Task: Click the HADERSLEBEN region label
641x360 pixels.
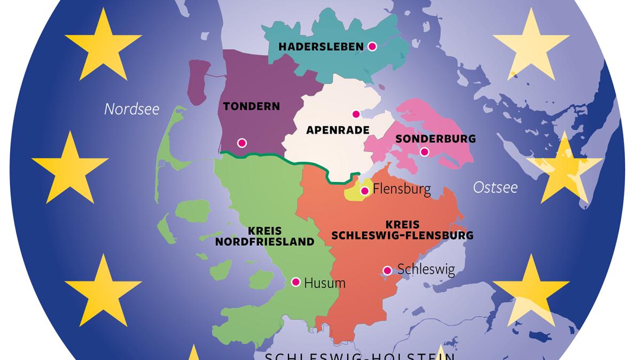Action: (x=320, y=47)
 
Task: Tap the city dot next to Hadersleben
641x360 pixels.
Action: (x=372, y=46)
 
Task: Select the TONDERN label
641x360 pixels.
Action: (x=252, y=106)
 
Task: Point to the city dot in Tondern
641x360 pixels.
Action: (x=242, y=143)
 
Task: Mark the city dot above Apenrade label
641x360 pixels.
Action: (x=356, y=114)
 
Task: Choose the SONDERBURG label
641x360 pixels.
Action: (x=435, y=139)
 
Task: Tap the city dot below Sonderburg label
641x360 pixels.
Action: (x=424, y=152)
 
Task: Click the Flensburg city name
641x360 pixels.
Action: (x=402, y=189)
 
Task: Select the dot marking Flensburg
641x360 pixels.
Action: (x=365, y=191)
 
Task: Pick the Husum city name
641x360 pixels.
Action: (x=324, y=283)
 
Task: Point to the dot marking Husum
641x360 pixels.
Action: (x=295, y=281)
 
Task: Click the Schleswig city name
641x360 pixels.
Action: (x=426, y=269)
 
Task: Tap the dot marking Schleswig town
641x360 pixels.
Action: (x=387, y=270)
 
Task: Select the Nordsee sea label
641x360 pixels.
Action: (x=131, y=109)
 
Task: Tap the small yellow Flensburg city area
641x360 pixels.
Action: (x=353, y=193)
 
